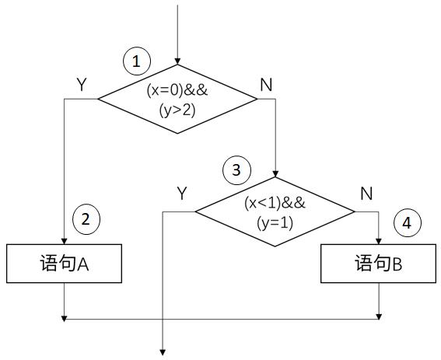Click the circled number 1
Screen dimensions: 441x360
coord(137,61)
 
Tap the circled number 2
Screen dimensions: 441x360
coord(86,219)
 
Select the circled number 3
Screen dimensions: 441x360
coord(236,170)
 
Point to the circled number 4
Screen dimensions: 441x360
coord(408,223)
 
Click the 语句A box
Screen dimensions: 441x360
coord(64,264)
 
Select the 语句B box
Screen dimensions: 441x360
coord(378,264)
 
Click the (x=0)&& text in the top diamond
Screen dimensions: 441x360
coord(177,90)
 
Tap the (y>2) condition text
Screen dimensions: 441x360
coord(177,110)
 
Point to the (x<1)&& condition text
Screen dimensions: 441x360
coord(275,203)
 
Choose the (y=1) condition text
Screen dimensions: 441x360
coord(275,223)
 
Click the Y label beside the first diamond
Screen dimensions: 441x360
coord(82,84)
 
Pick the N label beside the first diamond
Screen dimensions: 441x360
coord(266,85)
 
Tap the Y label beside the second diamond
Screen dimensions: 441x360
coord(182,193)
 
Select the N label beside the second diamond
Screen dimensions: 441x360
coord(366,194)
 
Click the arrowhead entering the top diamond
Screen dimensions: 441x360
coord(177,61)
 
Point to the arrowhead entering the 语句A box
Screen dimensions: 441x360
coord(64,241)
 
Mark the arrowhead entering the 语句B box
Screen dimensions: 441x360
coord(379,241)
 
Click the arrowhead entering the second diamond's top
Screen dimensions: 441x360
coord(275,173)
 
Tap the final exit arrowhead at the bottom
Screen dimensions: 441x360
coord(163,352)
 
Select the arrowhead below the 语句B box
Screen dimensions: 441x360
coord(379,316)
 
